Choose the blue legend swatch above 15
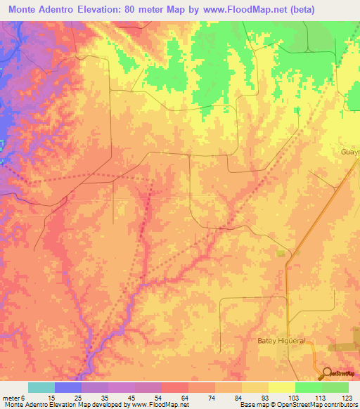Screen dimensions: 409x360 point(68,387)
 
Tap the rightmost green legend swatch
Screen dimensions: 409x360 point(335,387)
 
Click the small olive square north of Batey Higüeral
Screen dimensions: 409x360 point(282,253)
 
